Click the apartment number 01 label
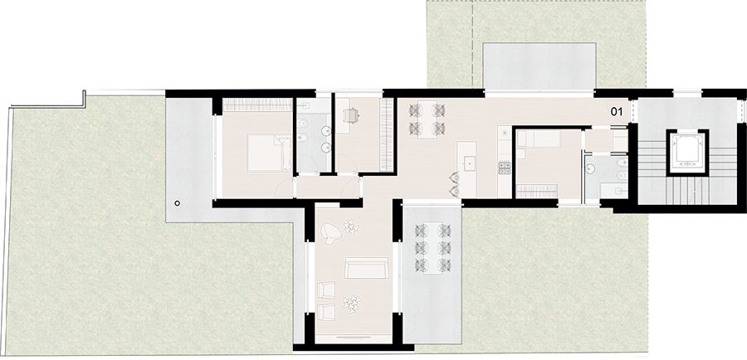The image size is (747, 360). (x=617, y=112)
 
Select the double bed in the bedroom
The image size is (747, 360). (x=270, y=153)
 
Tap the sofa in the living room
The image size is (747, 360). (x=366, y=268)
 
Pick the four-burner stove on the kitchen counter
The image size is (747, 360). (x=505, y=168)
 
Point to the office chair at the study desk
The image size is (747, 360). (x=351, y=114)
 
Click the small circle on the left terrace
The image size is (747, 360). (x=178, y=203)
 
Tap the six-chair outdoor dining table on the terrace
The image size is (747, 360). (x=432, y=248)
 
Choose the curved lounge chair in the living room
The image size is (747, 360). (x=331, y=233)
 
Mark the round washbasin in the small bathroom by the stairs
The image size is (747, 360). (x=591, y=168)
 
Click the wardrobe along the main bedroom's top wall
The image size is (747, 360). (x=257, y=105)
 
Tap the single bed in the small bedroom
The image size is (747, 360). (x=539, y=139)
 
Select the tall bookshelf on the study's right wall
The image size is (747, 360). (x=386, y=134)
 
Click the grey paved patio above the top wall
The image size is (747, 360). (x=539, y=66)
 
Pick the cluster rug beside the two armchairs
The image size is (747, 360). (x=352, y=304)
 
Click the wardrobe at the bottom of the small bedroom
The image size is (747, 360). (x=537, y=191)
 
